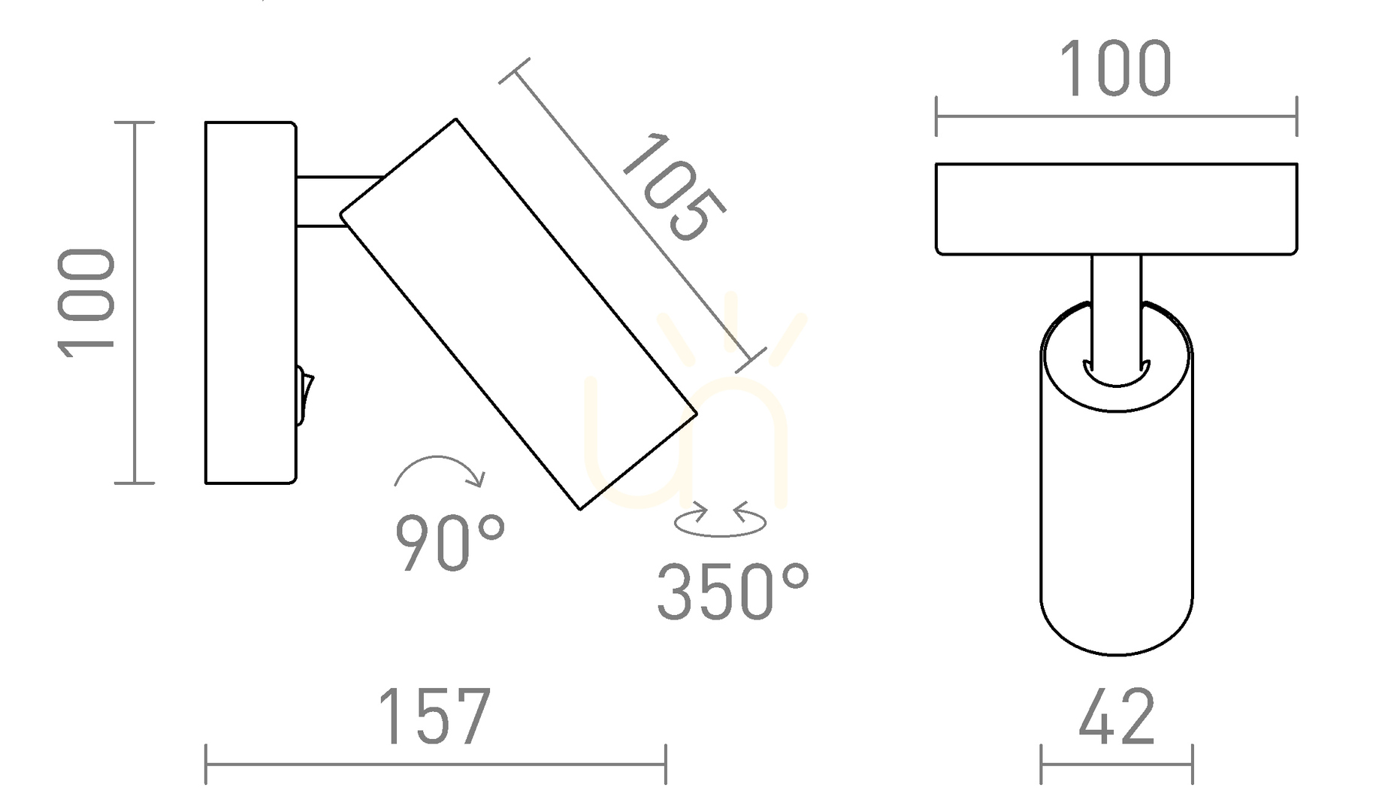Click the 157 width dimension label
[434, 717]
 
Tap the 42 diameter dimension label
[1116, 717]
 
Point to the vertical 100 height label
[86, 302]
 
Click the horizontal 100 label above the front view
[1115, 68]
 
